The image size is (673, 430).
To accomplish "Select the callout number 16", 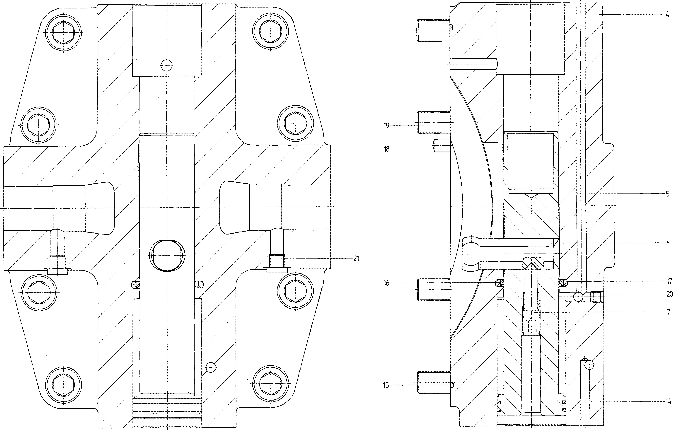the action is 386,283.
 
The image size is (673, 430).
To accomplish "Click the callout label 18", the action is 387,149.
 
